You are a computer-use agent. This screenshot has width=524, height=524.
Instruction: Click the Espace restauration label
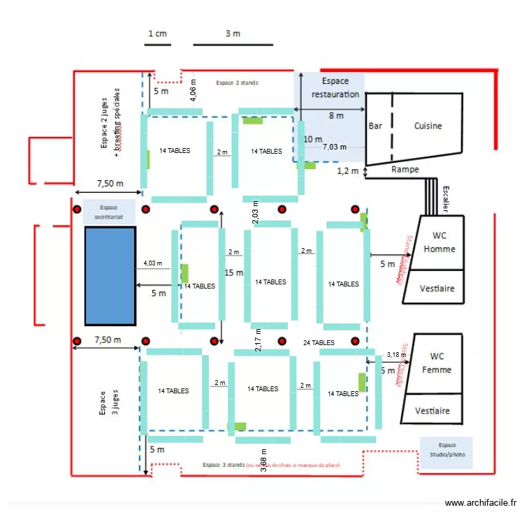(x=335, y=88)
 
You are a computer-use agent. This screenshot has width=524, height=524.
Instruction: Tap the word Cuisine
(x=428, y=126)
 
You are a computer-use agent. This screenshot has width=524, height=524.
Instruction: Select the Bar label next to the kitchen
(x=375, y=126)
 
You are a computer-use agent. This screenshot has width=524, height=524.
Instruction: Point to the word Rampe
(x=405, y=169)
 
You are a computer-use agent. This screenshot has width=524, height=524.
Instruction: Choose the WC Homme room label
(x=443, y=242)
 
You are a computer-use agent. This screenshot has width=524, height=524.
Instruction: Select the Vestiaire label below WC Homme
(x=437, y=289)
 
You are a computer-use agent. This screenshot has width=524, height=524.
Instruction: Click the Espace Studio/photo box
(x=446, y=453)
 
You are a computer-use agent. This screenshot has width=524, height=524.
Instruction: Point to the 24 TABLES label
(x=319, y=343)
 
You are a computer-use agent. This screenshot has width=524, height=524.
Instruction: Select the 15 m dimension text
(x=233, y=272)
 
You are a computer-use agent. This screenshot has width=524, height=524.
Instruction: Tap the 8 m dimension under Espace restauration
(x=336, y=116)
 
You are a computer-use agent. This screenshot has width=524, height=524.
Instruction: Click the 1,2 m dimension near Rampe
(x=347, y=170)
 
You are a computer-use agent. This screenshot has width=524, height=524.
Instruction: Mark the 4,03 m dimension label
(x=152, y=263)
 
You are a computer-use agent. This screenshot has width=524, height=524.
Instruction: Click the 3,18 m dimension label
(x=395, y=355)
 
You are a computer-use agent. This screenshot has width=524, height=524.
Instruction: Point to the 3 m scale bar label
(x=233, y=34)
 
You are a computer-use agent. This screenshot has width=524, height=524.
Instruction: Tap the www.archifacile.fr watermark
(x=481, y=503)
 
